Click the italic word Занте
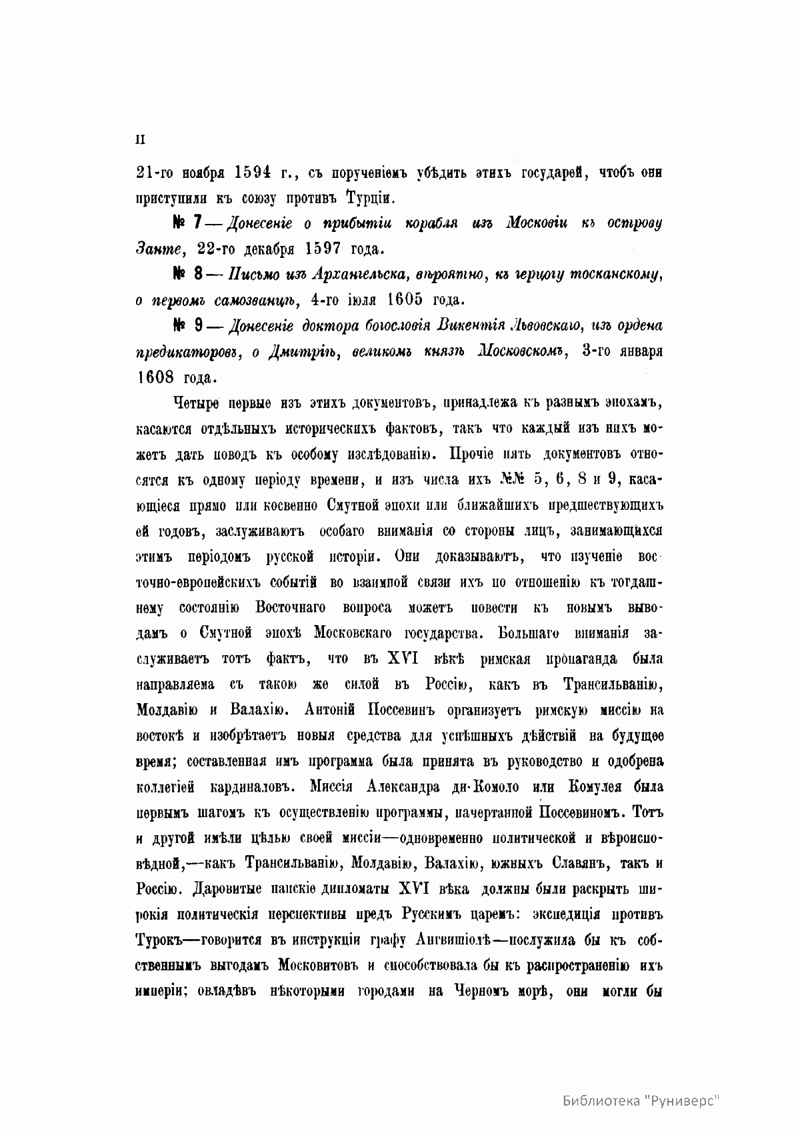tap(159, 249)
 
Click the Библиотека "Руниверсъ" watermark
tap(643, 1099)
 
